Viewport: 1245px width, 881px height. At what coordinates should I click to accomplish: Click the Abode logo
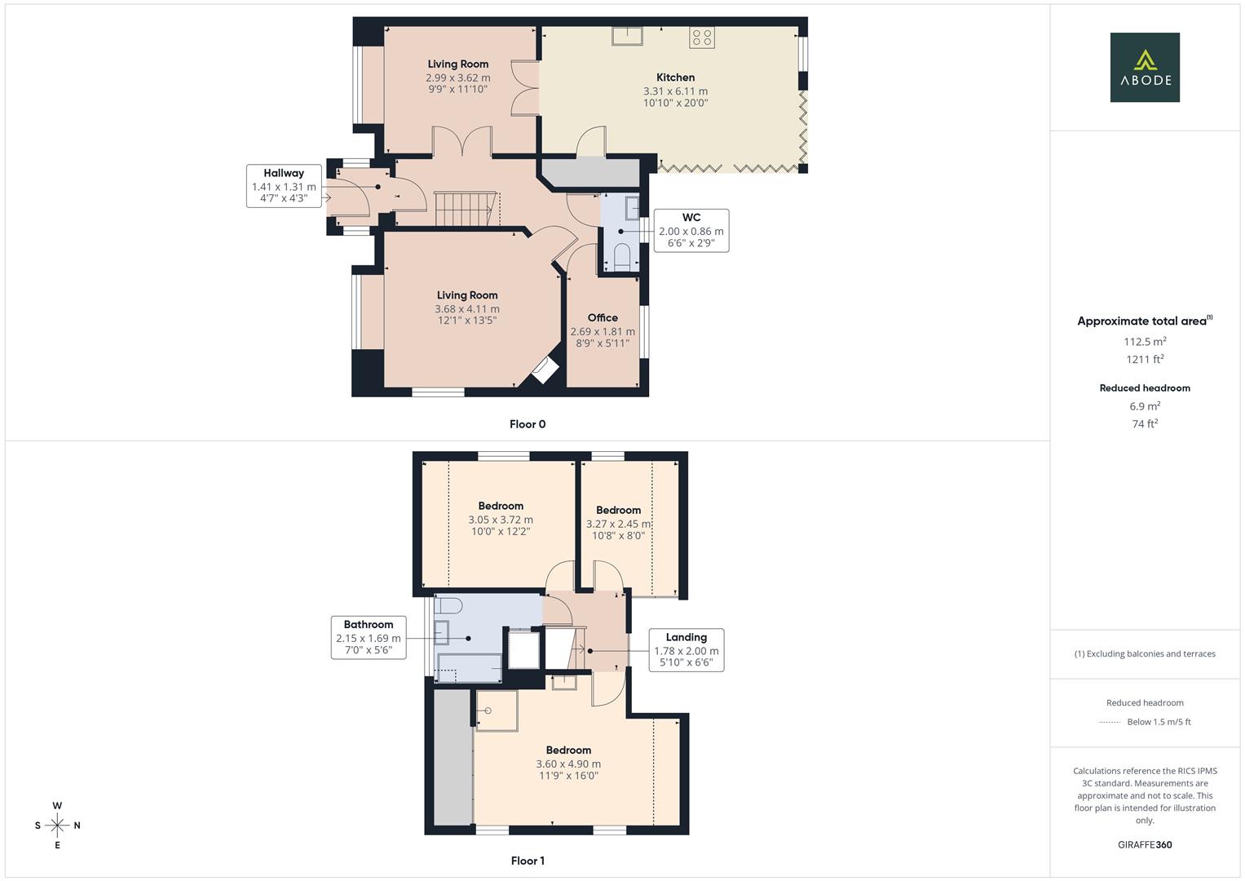coord(1145,68)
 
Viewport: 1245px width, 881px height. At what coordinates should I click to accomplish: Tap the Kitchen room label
coord(675,77)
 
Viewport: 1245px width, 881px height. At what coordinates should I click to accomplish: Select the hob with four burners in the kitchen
coord(701,37)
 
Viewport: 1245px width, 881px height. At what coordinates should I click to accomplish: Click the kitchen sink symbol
coord(628,34)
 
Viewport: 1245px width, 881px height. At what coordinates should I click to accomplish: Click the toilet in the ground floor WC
coord(622,255)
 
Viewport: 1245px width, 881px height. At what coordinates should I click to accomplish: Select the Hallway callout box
coord(284,186)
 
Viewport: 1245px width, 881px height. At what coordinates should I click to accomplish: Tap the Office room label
coord(603,318)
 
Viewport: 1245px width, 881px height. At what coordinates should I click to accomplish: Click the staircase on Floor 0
coord(466,209)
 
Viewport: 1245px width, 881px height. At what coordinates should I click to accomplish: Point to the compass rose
coord(57,826)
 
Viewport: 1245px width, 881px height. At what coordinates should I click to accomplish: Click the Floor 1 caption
coord(528,861)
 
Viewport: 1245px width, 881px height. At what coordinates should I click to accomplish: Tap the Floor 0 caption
coord(528,424)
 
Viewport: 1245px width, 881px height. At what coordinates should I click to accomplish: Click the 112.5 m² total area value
coord(1145,342)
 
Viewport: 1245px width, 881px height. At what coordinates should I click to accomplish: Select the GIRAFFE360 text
coord(1145,844)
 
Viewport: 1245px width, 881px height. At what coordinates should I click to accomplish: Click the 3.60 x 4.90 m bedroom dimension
coord(568,764)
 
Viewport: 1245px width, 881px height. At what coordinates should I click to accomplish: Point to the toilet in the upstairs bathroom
coord(448,605)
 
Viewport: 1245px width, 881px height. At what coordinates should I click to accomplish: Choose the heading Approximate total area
coord(1143,321)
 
